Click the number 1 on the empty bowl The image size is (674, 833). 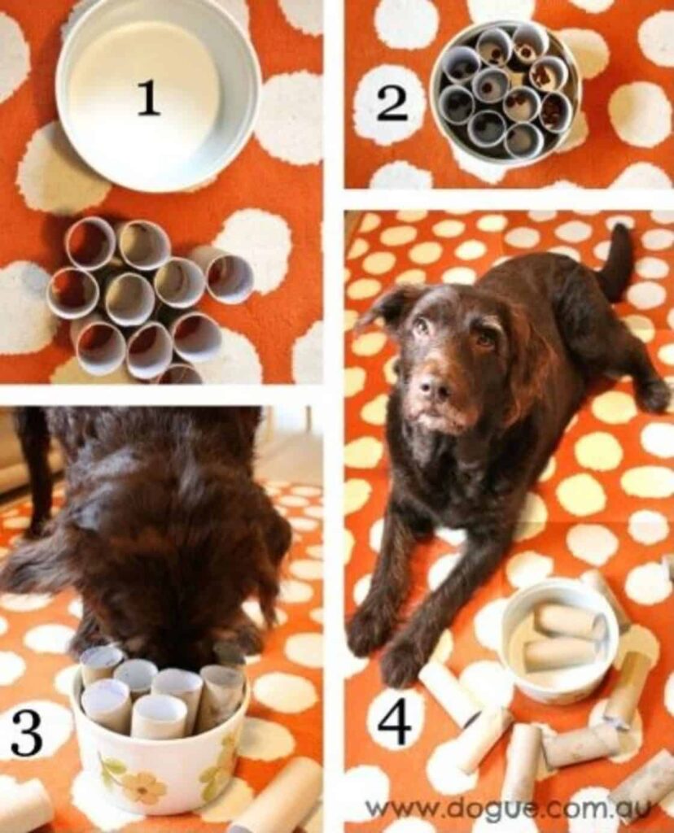pos(147,98)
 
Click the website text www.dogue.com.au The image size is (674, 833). pos(510,809)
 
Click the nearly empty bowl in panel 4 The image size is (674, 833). pos(556,643)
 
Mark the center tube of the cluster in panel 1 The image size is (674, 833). pos(129,298)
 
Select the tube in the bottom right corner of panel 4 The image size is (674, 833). pos(643,793)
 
